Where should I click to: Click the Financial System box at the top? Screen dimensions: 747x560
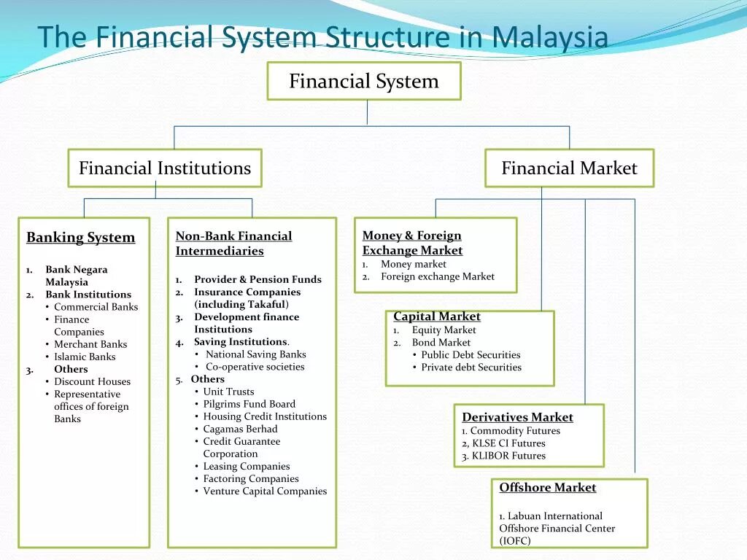364,81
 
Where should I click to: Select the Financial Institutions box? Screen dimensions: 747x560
164,168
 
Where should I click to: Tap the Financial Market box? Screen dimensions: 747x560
569,168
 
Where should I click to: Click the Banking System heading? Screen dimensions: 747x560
80,238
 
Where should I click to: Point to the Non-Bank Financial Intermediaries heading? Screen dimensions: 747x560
233,244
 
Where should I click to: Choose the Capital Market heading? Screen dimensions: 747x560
436,316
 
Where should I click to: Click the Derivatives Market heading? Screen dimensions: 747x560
517,417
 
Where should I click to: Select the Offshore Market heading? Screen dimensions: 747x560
547,488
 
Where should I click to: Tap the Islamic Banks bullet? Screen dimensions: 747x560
85,357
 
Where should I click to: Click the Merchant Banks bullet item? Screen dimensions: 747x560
90,344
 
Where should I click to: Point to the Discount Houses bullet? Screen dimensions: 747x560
92,381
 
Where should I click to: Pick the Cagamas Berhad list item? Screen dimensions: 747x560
240,429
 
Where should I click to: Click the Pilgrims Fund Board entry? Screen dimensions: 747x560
249,404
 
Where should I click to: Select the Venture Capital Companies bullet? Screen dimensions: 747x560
265,491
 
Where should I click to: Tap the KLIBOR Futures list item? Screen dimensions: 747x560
508,456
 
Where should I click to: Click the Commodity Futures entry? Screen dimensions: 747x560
515,431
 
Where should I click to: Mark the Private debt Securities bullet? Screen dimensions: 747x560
471,367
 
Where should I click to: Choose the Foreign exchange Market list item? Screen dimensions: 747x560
437,276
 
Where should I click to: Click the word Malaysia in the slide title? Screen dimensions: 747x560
550,37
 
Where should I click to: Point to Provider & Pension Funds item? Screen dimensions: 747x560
258,279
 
